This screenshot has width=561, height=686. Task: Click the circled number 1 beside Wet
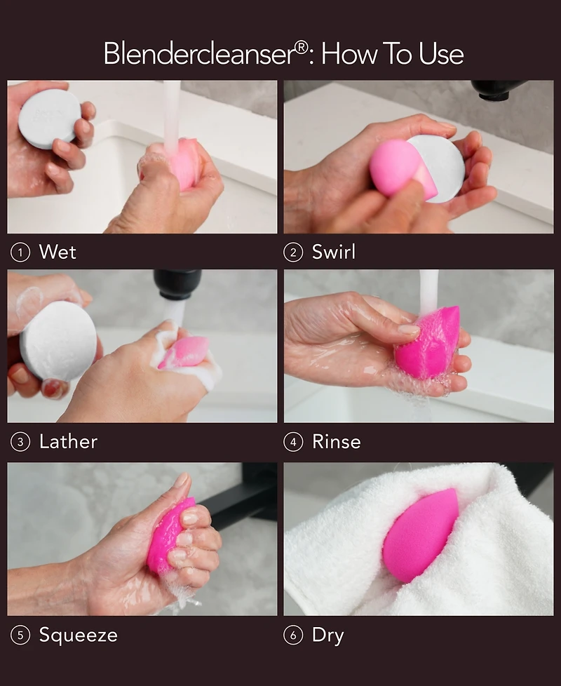coord(20,253)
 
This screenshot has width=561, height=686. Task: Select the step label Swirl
coord(333,253)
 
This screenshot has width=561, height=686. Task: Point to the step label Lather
coord(68,442)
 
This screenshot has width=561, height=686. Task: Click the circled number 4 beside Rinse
coord(293,442)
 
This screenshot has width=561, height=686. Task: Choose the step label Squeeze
coord(78,635)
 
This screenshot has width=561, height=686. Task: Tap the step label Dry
coord(327,635)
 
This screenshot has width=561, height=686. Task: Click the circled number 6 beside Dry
coord(293,635)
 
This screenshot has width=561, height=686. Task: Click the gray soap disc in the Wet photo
coord(49,118)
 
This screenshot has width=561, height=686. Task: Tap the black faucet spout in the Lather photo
coord(177,283)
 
